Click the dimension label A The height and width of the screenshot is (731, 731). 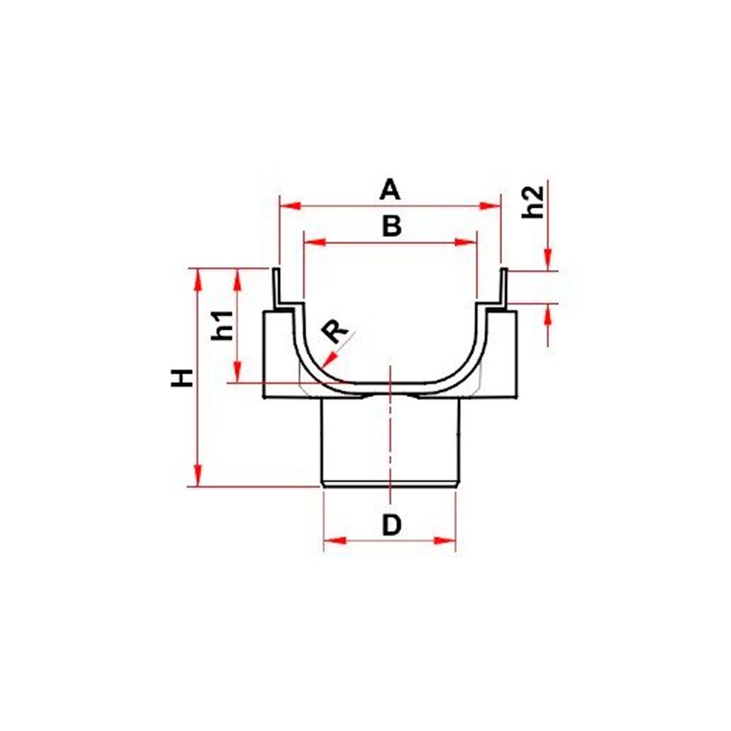[390, 191]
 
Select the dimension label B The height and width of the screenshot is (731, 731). [392, 227]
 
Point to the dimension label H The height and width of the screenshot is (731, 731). [182, 378]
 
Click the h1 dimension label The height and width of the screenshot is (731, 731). [223, 325]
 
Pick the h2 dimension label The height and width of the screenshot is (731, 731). [533, 202]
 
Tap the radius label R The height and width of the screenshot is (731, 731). [336, 332]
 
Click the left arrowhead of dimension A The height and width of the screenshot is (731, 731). [290, 205]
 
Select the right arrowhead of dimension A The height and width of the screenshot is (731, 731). [490, 205]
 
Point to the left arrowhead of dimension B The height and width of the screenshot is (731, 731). [314, 242]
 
